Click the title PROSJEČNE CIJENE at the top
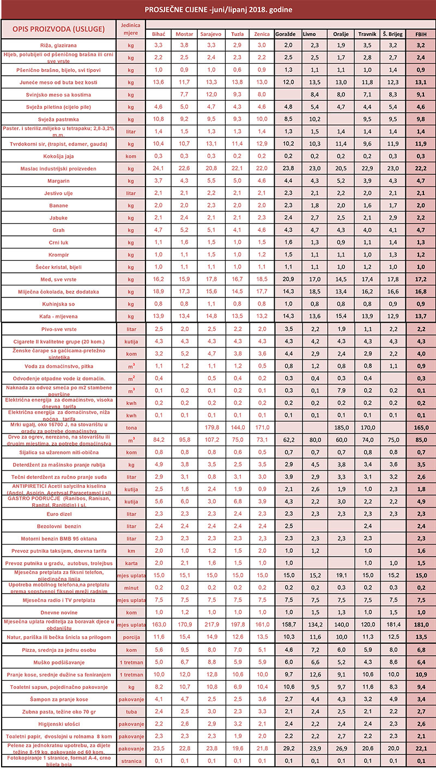[218, 10]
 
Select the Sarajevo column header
[210, 34]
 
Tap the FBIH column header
[421, 34]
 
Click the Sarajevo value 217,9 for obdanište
[210, 625]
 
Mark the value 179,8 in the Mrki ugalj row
[210, 428]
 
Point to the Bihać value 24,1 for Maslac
[159, 168]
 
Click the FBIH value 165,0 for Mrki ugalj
[421, 428]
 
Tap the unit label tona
[130, 428]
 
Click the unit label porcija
[130, 637]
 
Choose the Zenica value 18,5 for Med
[262, 279]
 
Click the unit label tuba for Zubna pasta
[130, 711]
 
